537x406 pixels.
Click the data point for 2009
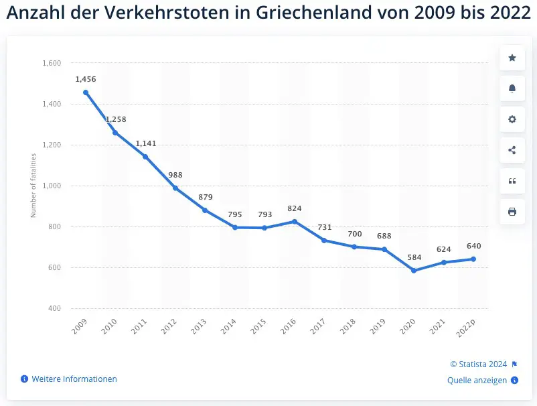[86, 92]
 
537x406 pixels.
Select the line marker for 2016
[295, 221]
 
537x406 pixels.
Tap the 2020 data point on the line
[414, 271]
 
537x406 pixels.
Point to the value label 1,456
[86, 79]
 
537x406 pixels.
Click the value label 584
[414, 257]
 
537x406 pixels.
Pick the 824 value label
[295, 208]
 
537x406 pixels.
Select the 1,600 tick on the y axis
[52, 64]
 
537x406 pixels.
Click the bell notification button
[512, 88]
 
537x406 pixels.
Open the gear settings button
[512, 119]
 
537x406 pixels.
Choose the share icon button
[512, 150]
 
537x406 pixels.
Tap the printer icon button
[512, 212]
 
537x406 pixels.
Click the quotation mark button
[512, 181]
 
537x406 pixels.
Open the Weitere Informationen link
[74, 379]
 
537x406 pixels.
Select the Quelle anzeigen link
[477, 381]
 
